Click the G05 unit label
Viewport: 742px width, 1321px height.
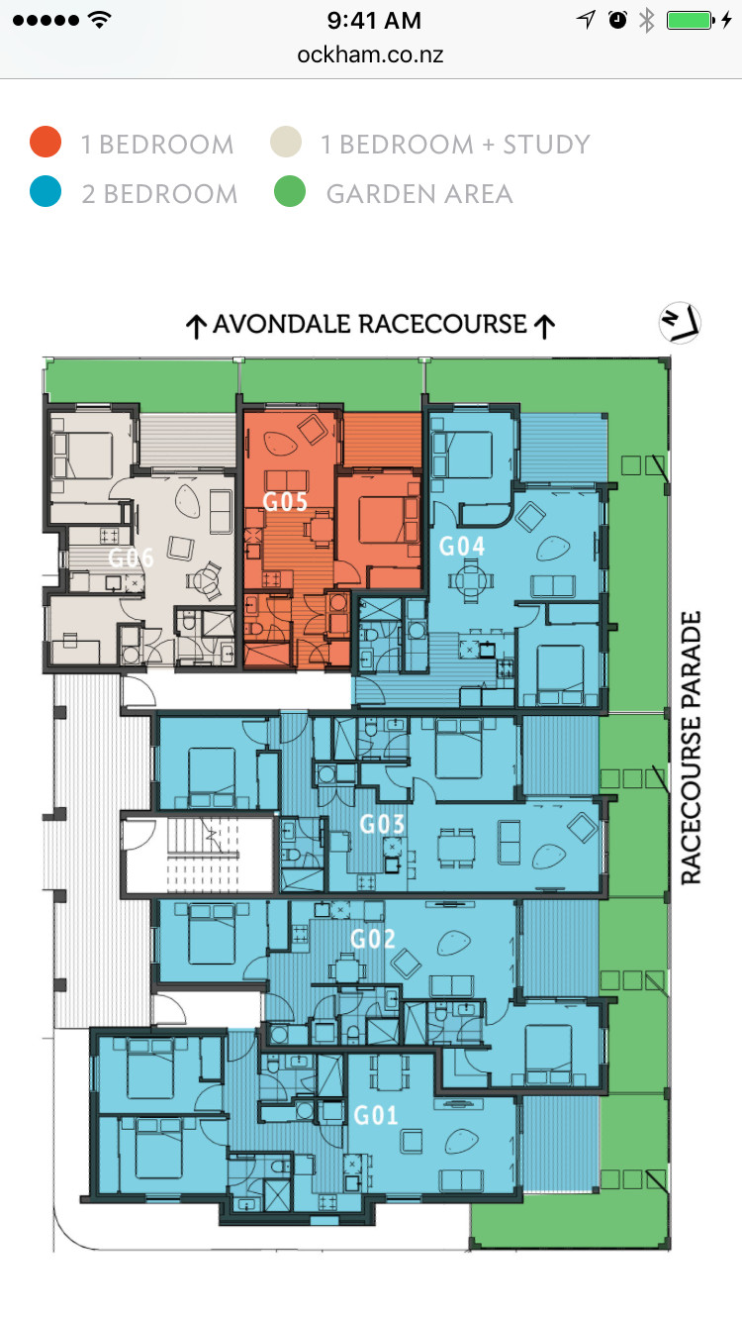[285, 501]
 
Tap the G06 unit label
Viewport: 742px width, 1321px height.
[131, 558]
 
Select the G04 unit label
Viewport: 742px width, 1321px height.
[462, 546]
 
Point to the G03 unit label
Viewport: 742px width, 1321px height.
[382, 824]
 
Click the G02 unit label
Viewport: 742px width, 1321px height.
[372, 939]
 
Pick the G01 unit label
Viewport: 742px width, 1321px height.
[375, 1115]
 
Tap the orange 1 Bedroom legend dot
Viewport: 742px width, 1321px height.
[46, 142]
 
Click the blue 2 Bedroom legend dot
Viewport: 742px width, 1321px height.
[46, 191]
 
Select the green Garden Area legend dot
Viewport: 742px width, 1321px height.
[289, 191]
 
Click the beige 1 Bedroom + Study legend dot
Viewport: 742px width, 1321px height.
[286, 142]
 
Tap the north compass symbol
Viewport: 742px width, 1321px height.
[680, 322]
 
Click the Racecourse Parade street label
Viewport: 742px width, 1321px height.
[691, 748]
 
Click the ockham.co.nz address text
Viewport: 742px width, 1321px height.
[370, 54]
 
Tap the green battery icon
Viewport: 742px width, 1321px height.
[690, 20]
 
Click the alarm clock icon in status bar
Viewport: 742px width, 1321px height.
[617, 20]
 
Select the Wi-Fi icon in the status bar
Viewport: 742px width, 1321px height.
[100, 20]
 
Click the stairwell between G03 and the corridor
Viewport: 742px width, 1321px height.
[199, 854]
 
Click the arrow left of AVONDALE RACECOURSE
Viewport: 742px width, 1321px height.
[196, 327]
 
